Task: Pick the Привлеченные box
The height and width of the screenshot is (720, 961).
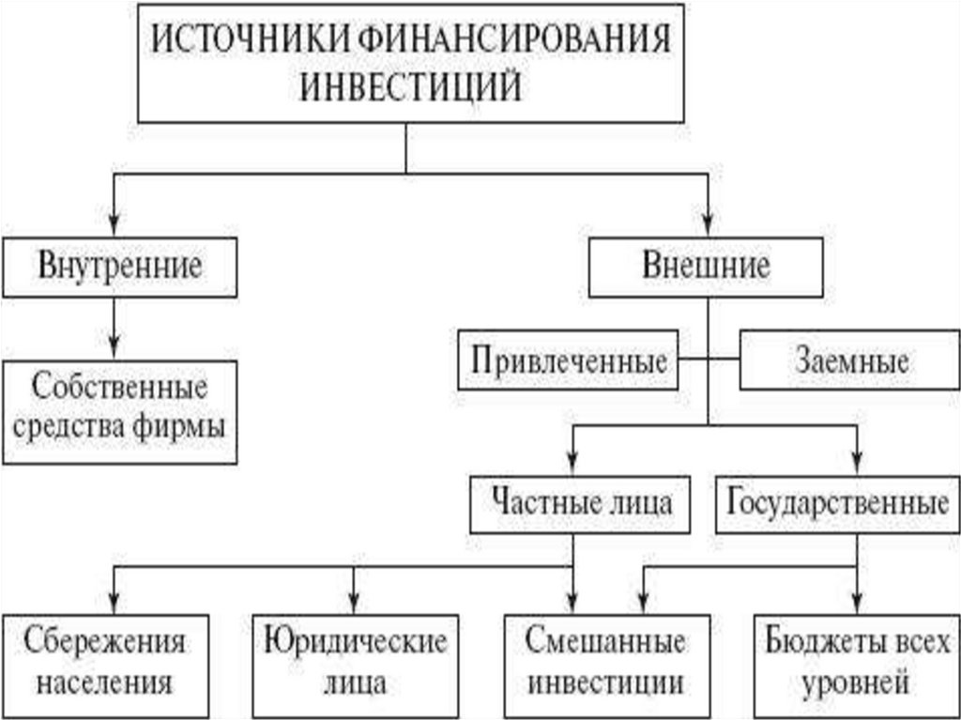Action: click(568, 360)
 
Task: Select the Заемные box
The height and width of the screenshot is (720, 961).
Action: click(851, 360)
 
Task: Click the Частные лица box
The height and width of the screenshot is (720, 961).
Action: click(583, 502)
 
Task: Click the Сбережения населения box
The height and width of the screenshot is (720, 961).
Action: click(105, 661)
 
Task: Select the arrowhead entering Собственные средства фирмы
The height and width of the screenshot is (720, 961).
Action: click(114, 348)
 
